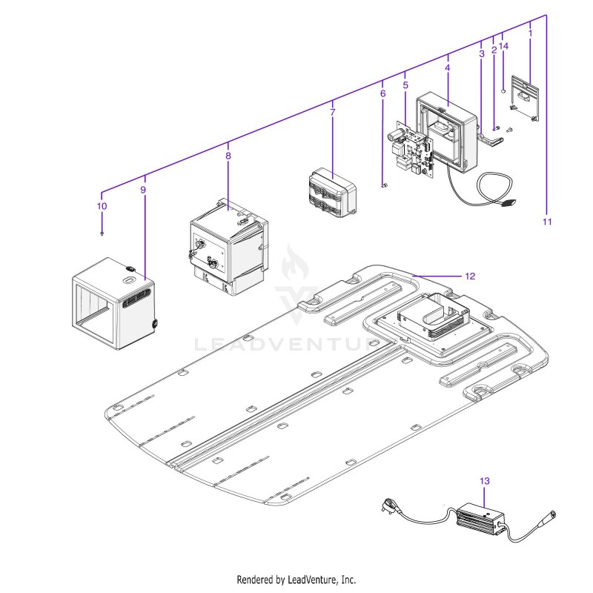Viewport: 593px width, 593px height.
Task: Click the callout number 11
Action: (547, 222)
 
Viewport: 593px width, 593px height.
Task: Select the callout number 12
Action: (470, 276)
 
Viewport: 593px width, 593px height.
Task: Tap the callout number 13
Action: (485, 481)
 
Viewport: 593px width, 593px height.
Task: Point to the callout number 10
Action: (102, 206)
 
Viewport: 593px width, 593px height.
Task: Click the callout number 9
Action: (143, 190)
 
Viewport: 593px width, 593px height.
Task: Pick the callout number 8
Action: (228, 156)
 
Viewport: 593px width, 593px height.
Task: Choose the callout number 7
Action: (332, 113)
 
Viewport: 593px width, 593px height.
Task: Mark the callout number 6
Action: (382, 93)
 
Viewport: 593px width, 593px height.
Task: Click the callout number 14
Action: (504, 46)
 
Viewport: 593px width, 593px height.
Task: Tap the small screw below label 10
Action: (102, 233)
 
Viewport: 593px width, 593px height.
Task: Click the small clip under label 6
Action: (384, 186)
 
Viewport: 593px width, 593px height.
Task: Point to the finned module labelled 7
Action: (333, 193)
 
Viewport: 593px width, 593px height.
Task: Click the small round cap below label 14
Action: (503, 91)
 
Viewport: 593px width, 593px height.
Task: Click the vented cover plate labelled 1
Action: (526, 97)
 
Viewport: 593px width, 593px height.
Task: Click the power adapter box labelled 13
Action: (481, 520)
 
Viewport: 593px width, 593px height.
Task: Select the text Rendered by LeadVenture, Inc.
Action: (296, 580)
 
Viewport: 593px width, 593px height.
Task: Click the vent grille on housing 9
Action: (136, 297)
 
